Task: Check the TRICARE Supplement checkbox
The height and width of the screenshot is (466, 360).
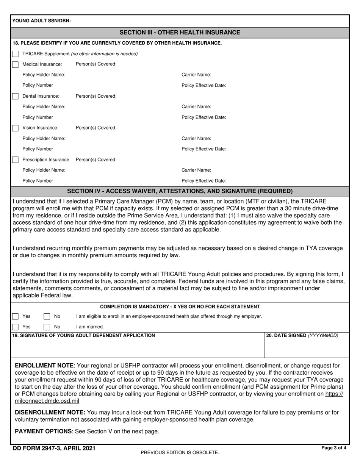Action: [x=15, y=54]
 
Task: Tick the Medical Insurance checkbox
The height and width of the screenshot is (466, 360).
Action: [x=15, y=64]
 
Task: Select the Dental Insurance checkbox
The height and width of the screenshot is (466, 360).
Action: [x=15, y=96]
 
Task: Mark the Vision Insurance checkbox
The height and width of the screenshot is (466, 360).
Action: [x=15, y=128]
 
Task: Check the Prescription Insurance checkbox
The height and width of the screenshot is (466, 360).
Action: [x=15, y=160]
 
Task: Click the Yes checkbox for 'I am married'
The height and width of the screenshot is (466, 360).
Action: [x=15, y=327]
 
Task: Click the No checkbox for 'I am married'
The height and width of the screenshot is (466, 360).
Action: [x=47, y=327]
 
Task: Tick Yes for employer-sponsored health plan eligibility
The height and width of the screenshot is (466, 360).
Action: [x=15, y=316]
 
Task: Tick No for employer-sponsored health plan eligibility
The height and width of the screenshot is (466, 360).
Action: [x=47, y=316]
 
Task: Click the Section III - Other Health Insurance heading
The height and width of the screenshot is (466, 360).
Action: [x=180, y=33]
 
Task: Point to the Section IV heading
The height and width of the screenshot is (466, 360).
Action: [x=180, y=191]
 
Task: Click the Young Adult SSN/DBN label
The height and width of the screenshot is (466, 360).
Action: [x=41, y=21]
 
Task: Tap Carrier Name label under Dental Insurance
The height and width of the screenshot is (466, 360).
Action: [x=196, y=107]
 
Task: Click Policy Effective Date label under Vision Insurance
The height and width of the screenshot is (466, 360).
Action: [x=204, y=149]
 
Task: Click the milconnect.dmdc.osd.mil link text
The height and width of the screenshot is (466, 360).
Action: [x=47, y=401]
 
